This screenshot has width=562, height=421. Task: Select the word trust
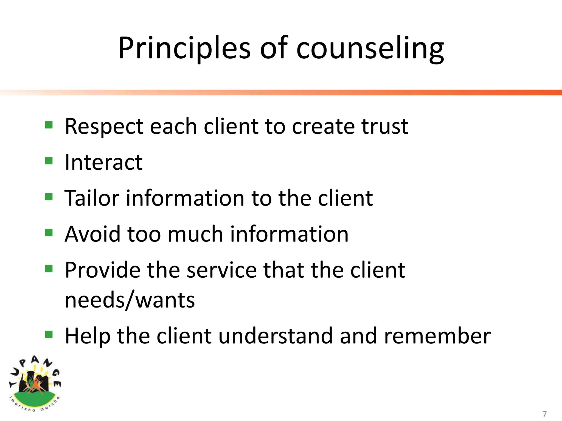pos(385,127)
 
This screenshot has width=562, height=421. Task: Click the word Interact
pos(103,162)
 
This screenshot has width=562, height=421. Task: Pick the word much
pos(195,234)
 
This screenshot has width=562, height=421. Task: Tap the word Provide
pos(102,270)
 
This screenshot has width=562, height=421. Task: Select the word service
pos(222,270)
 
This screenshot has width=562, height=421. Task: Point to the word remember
pos(437,336)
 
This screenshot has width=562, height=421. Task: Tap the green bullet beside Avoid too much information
pos(49,232)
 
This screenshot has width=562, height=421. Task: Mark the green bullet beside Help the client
pos(49,334)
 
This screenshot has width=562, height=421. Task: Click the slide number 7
pos(544,414)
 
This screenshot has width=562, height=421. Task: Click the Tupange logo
pos(35,384)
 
